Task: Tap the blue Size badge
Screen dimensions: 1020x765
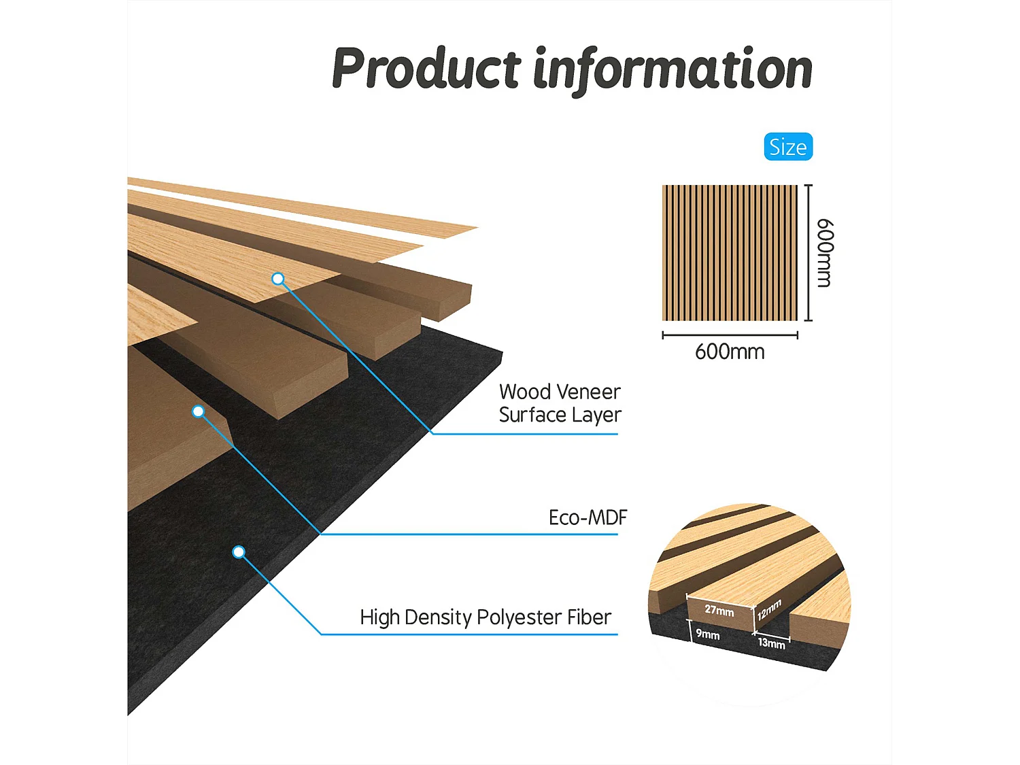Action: (788, 147)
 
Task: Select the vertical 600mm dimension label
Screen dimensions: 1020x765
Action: (824, 252)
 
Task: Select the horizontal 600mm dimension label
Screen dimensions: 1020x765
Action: (730, 352)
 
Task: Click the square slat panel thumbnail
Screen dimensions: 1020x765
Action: (730, 252)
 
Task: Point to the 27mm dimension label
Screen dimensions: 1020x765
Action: (719, 610)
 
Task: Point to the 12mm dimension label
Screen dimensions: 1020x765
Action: (769, 609)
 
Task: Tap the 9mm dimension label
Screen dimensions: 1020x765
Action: (707, 634)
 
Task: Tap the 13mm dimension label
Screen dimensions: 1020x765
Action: (771, 643)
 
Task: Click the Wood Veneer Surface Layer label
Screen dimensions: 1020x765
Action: (560, 403)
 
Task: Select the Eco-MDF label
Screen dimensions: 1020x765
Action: (588, 517)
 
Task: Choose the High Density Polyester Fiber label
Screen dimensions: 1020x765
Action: (486, 617)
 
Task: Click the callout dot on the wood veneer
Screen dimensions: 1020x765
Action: (277, 279)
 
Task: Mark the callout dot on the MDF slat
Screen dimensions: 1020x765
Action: (198, 411)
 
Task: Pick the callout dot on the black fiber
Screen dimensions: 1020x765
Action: (239, 552)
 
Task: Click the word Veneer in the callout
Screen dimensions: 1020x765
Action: (589, 392)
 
